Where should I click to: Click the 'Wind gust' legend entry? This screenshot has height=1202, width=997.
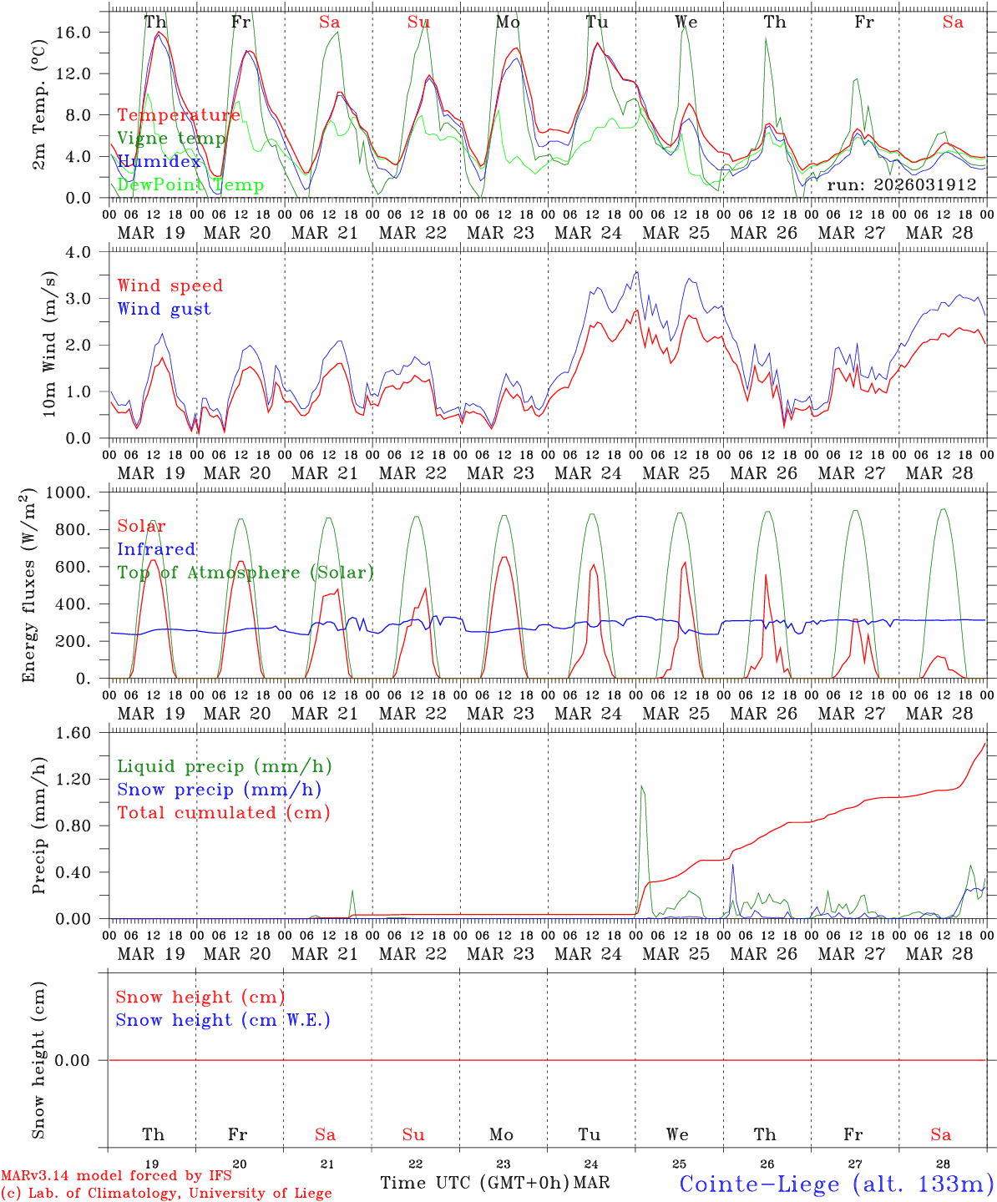click(164, 309)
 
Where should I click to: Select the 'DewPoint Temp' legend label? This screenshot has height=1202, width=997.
click(190, 184)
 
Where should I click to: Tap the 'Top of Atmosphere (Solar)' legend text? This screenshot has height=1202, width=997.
click(245, 573)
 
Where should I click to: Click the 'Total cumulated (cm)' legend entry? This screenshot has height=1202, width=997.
click(223, 812)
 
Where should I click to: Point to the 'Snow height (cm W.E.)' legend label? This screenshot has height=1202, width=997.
click(223, 1020)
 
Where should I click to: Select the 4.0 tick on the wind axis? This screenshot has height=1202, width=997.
click(82, 251)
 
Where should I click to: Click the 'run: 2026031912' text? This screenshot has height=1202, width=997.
click(901, 184)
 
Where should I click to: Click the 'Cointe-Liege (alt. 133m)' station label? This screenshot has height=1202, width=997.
click(836, 1184)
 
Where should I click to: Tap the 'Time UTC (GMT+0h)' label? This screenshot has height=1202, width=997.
click(474, 1183)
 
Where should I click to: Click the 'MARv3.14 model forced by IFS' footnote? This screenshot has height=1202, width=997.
click(116, 1176)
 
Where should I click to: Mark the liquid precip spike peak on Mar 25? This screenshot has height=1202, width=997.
click(641, 785)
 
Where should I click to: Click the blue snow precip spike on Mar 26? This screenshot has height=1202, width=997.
click(732, 866)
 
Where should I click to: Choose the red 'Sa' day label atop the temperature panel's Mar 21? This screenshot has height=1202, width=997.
click(328, 23)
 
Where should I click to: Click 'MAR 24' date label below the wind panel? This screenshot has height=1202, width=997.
click(588, 473)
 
